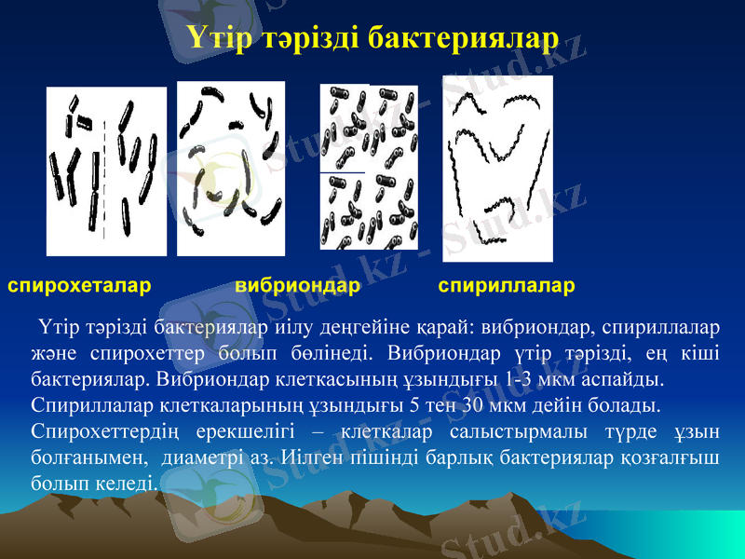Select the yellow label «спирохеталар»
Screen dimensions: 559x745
79,285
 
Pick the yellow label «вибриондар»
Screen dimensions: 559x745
298,285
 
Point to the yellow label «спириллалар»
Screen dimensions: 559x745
507,285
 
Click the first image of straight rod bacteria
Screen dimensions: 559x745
106,170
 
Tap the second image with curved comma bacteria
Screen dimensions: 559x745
230,168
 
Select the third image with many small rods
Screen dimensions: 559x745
368,168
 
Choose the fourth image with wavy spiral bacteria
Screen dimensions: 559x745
497,168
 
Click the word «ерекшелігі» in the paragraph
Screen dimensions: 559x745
251,433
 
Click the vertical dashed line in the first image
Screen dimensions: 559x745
105,177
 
